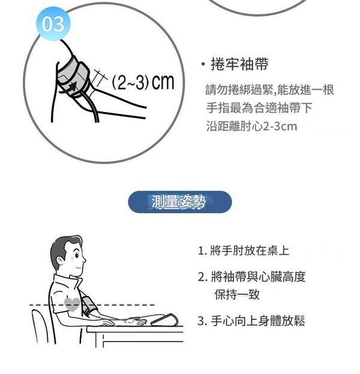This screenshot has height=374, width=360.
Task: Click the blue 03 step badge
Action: (53, 24)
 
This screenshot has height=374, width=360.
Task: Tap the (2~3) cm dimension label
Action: (143, 82)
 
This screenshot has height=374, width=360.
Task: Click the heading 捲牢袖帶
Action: (239, 64)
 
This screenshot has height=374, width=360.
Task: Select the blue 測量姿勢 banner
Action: (180, 202)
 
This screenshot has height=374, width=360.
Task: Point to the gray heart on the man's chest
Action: (72, 304)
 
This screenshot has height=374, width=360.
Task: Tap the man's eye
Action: (77, 255)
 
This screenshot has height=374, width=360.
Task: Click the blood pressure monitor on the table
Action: (165, 320)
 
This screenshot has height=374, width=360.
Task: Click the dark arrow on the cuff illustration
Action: (68, 88)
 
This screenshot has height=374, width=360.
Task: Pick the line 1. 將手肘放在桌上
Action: (244, 251)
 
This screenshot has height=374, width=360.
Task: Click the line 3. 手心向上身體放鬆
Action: (251, 321)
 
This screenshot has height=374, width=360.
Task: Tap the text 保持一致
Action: (237, 294)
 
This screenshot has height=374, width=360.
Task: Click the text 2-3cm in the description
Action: (280, 126)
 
